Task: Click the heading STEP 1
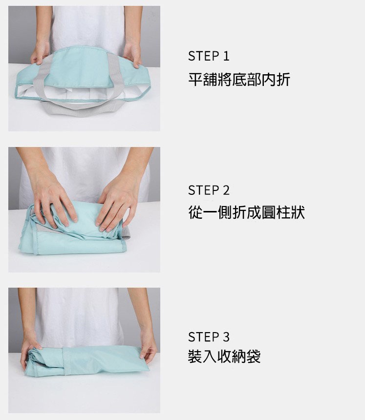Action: [209, 56]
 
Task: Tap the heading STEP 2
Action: [209, 190]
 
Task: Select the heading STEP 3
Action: [209, 336]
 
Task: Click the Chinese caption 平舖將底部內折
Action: [239, 80]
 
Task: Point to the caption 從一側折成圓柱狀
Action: [247, 212]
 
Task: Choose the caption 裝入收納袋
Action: [224, 356]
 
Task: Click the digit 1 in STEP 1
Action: [226, 56]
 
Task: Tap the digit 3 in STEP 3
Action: [226, 336]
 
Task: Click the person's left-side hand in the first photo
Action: [40, 53]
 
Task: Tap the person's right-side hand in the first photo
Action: [132, 54]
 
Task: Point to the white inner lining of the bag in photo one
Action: [81, 93]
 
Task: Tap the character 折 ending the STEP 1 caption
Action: [283, 80]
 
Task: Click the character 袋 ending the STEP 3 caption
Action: [254, 356]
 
